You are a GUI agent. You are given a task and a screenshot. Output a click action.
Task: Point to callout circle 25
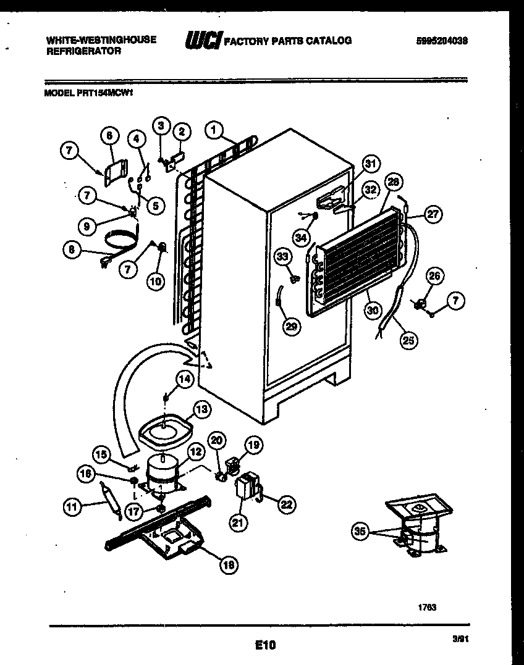click(x=408, y=338)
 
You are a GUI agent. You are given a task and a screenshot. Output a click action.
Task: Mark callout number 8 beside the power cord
click(x=72, y=249)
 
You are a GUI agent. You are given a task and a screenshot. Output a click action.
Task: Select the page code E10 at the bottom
click(x=264, y=645)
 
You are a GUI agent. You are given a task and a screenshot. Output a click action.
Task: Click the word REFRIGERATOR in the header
click(x=83, y=52)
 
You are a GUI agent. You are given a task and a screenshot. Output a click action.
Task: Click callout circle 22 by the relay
click(x=285, y=504)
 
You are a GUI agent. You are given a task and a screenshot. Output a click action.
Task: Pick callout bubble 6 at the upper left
click(x=109, y=136)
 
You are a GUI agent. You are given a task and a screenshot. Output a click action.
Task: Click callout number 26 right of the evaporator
click(x=436, y=277)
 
